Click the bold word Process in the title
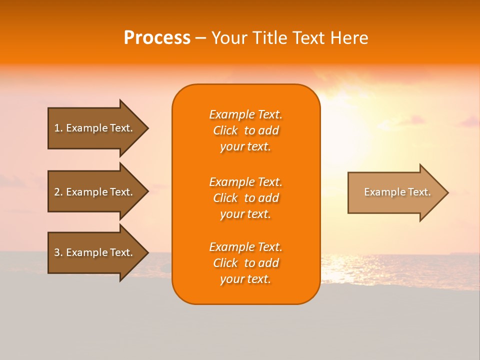point(157,38)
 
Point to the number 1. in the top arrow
point(58,128)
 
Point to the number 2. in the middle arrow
point(58,192)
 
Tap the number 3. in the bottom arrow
point(58,252)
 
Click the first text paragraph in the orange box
point(245,130)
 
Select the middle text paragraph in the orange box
point(245,198)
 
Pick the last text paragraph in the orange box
point(245,263)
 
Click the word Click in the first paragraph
point(225,130)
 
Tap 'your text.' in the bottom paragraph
point(245,279)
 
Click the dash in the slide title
point(200,38)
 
